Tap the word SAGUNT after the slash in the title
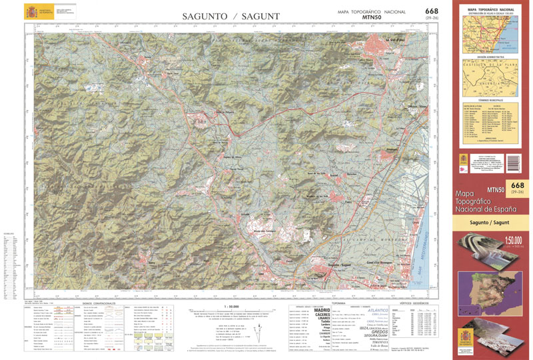(x=257, y=15)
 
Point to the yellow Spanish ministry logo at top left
(x=32, y=12)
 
